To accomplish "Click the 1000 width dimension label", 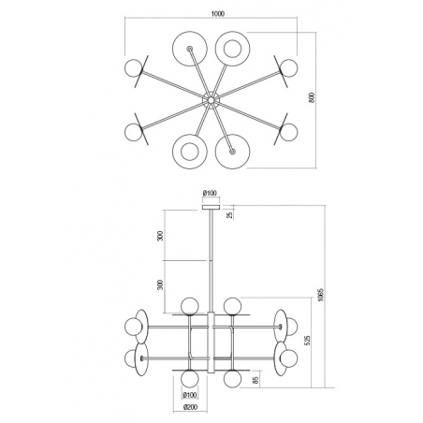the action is click(x=218, y=14).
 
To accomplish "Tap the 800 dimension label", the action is click(x=312, y=97).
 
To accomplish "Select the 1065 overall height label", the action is click(x=321, y=295).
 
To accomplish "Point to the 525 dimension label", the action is click(x=307, y=341).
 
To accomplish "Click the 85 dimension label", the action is click(x=255, y=380).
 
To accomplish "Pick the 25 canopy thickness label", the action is click(x=229, y=214).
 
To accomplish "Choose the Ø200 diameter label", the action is click(x=190, y=407).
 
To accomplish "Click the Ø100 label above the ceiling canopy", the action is click(x=210, y=193).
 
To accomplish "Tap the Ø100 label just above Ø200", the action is click(x=190, y=395).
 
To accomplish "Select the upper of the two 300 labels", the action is click(x=160, y=236).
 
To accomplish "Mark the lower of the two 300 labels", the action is click(x=160, y=284).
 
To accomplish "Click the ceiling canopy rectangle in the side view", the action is click(x=211, y=207).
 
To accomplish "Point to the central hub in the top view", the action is click(x=211, y=100).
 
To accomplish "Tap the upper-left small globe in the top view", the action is click(x=133, y=67).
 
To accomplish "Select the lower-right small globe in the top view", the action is click(x=288, y=132).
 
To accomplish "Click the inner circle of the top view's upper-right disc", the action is click(x=232, y=49).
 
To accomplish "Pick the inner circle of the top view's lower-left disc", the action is click(x=190, y=152).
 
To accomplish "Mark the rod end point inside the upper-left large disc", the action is click(x=190, y=49).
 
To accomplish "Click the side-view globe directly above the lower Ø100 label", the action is click(x=190, y=378).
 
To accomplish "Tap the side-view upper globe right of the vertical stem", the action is click(x=232, y=306).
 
